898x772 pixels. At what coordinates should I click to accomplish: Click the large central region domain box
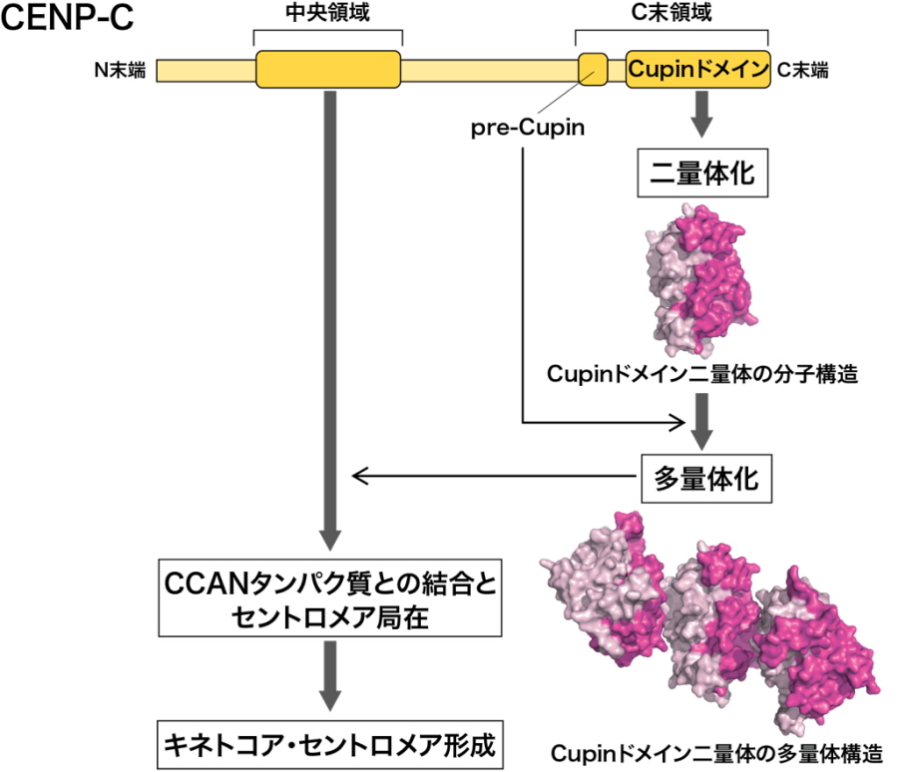[x=328, y=69]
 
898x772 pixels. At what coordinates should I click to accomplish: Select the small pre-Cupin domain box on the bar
[x=593, y=69]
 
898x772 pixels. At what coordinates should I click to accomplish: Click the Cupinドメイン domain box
[x=698, y=69]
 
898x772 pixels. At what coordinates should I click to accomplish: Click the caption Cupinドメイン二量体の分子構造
[x=702, y=374]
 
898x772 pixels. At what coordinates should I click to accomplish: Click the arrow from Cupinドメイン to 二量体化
[x=702, y=115]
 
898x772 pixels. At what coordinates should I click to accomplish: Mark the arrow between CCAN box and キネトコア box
[x=329, y=674]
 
